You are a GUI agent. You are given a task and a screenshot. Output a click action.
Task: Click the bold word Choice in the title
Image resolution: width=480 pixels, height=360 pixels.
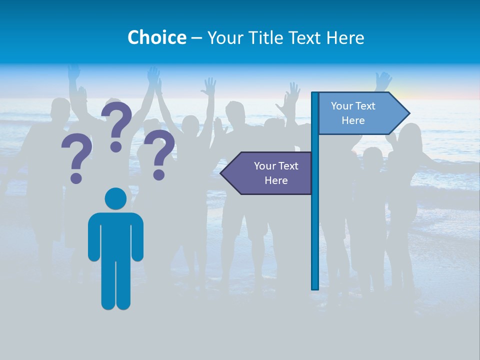tap(156, 37)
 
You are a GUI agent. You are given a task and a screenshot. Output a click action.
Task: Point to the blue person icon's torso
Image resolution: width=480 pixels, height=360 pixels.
tap(115, 235)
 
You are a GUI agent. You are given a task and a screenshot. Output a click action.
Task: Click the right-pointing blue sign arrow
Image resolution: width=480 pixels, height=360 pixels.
tap(360, 113)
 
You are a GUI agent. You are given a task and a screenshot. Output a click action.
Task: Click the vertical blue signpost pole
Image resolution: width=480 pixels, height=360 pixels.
tap(315, 225)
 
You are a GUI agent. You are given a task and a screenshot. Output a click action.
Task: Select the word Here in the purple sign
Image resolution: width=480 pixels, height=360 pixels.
tap(276, 180)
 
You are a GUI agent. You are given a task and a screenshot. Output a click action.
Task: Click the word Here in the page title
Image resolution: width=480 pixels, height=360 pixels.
tap(345, 37)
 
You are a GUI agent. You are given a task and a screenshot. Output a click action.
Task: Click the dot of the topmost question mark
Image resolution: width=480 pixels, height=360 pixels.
tap(116, 146)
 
